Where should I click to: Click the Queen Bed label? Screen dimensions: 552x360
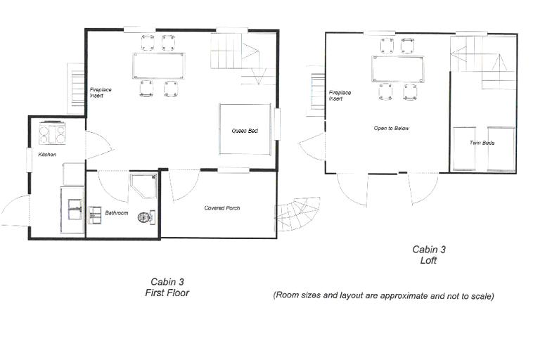click(x=245, y=131)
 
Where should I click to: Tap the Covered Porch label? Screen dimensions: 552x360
click(x=222, y=208)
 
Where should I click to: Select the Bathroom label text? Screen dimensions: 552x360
click(x=117, y=213)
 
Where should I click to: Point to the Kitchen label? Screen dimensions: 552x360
click(x=47, y=154)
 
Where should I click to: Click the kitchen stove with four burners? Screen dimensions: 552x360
click(x=53, y=133)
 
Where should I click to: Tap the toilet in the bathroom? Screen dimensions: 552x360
click(x=146, y=217)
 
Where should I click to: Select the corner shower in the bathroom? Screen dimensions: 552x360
click(x=143, y=186)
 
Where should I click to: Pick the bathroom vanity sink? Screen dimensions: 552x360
click(x=95, y=215)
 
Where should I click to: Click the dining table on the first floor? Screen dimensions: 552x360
click(x=159, y=65)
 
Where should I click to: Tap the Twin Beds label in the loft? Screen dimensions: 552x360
click(x=482, y=143)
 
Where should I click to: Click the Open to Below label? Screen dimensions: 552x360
click(x=392, y=128)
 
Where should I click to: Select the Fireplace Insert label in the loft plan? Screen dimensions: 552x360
click(x=340, y=96)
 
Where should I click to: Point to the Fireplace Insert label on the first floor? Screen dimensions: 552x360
click(x=101, y=93)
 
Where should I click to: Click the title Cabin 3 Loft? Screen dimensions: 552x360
click(x=429, y=255)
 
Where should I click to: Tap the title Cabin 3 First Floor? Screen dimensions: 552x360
click(x=167, y=287)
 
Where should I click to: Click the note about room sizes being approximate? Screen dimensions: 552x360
click(x=384, y=295)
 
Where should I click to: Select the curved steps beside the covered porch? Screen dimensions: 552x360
click(x=297, y=214)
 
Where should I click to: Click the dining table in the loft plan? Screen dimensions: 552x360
click(x=397, y=69)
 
